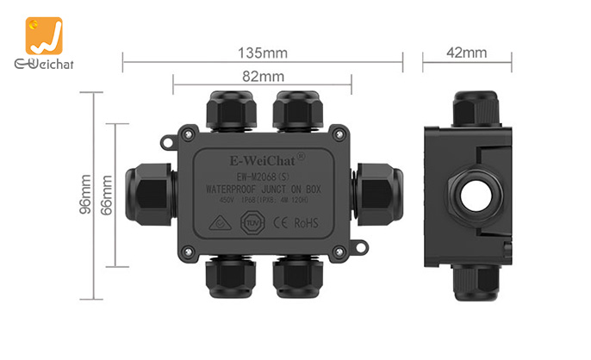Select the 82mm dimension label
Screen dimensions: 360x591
[x=263, y=76]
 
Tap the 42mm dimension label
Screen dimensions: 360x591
[x=467, y=53]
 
